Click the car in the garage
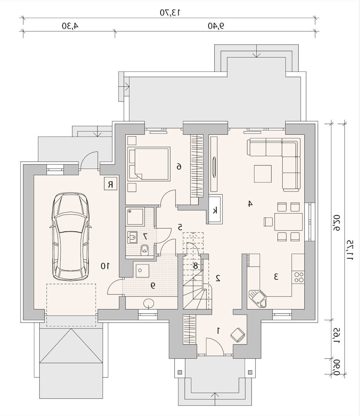[71, 236]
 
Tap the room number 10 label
[105, 266]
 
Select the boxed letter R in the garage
[111, 184]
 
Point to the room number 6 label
[179, 167]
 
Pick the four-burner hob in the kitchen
[298, 277]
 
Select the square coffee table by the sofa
[263, 174]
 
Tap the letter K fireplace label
[215, 210]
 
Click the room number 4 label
[249, 204]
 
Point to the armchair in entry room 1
[238, 334]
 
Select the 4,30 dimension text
[70, 26]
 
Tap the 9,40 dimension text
[216, 26]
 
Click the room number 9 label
[153, 285]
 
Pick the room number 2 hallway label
[218, 278]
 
